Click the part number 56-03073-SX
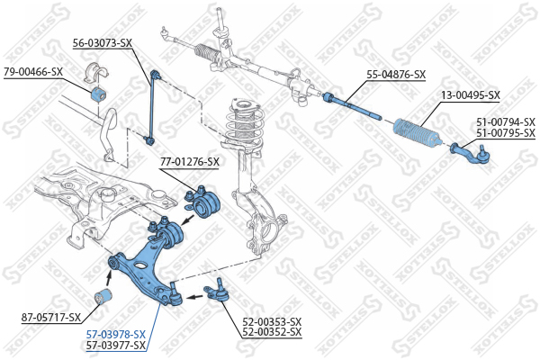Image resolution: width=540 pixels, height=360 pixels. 103,43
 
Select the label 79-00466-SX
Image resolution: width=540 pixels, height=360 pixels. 33,72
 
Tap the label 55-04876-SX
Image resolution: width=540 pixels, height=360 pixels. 396,75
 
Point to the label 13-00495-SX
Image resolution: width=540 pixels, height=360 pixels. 471,94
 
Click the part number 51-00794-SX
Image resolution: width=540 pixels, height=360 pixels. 506,122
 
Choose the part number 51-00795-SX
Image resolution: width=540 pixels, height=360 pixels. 506,132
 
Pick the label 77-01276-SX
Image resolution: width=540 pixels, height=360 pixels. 189,162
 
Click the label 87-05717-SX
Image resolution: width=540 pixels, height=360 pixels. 51,318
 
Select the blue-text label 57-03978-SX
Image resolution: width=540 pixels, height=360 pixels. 116,334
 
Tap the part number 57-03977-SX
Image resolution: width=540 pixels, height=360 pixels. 116,345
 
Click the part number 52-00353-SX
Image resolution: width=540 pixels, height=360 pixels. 272,322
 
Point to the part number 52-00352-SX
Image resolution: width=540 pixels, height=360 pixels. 272,332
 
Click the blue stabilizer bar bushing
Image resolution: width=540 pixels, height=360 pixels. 99,94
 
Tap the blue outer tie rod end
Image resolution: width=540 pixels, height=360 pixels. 471,154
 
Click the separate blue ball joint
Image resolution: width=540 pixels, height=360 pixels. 216,291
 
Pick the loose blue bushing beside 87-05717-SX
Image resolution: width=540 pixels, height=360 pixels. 103,297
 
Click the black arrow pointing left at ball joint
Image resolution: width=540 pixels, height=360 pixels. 194,296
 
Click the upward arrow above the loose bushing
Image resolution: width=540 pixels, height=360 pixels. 109,278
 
